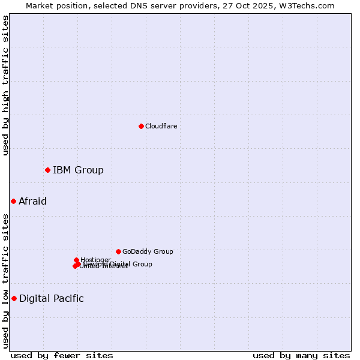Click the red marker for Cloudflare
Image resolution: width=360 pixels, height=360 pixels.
[x=141, y=126]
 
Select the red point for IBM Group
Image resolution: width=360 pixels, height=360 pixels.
[x=47, y=170]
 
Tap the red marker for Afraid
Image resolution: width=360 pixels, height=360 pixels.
[x=13, y=201]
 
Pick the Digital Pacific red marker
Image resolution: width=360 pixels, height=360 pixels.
[x=14, y=298]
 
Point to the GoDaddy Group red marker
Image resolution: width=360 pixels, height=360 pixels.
[x=118, y=251]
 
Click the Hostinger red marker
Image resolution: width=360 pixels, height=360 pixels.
[x=76, y=260]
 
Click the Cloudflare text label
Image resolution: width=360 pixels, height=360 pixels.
[x=161, y=126]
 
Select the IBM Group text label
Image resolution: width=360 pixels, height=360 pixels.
[x=78, y=170]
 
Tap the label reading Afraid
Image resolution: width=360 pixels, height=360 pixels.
[x=32, y=201]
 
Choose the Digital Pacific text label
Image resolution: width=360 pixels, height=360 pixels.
[x=52, y=298]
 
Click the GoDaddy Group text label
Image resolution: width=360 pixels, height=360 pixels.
[x=148, y=251]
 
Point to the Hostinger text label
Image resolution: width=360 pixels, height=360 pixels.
[x=95, y=260]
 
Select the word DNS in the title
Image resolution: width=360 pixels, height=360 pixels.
[x=139, y=5]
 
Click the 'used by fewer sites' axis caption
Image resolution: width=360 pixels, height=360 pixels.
[x=62, y=355]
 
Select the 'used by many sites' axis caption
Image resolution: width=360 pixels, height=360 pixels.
[x=301, y=355]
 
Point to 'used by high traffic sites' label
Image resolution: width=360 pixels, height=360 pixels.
[x=5, y=85]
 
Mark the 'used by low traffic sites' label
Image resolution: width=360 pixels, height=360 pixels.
[x=5, y=281]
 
